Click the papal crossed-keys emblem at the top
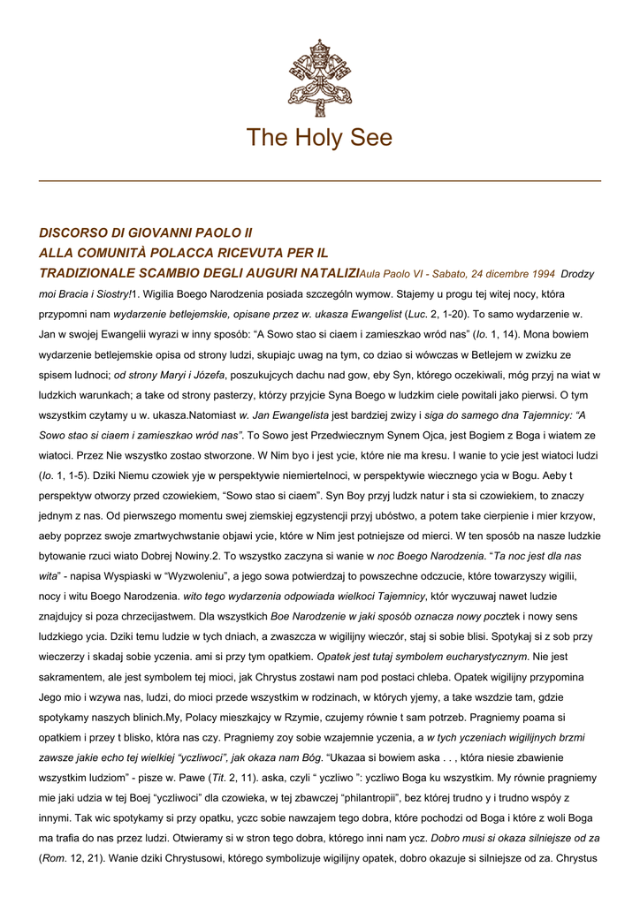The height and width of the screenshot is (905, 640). [x=319, y=77]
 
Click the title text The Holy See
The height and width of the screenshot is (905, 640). [x=319, y=139]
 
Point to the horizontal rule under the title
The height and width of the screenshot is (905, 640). [x=319, y=181]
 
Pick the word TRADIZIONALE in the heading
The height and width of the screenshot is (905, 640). [x=91, y=272]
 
